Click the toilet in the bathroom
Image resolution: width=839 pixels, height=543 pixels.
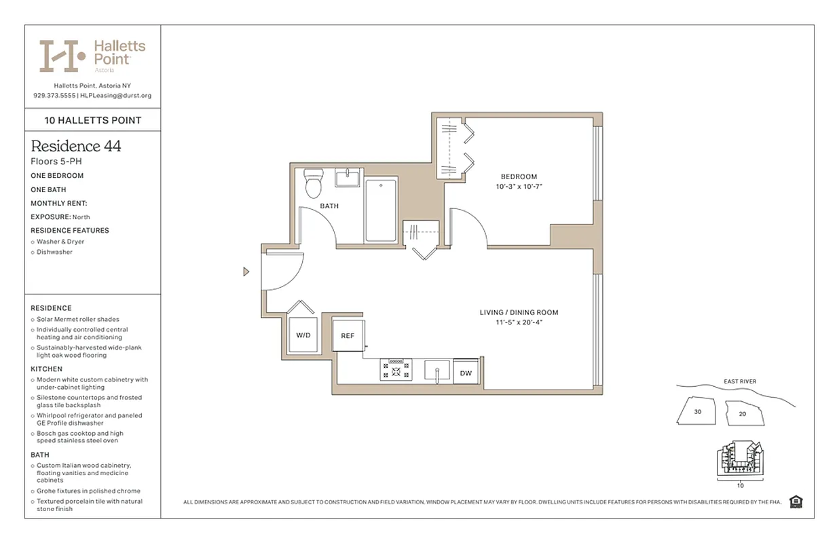pyautogui.click(x=314, y=183)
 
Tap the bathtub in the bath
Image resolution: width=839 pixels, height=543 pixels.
pyautogui.click(x=381, y=210)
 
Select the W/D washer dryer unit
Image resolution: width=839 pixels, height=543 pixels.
pyautogui.click(x=303, y=335)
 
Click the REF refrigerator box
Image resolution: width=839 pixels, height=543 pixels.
pyautogui.click(x=348, y=335)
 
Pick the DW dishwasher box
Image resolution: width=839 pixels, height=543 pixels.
pyautogui.click(x=466, y=373)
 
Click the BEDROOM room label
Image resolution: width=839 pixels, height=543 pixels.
pyautogui.click(x=519, y=176)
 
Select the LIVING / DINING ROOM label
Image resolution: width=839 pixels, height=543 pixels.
pyautogui.click(x=519, y=313)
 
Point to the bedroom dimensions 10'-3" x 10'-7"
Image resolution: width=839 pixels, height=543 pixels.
pyautogui.click(x=519, y=186)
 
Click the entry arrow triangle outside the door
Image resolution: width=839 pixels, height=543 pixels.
pyautogui.click(x=246, y=272)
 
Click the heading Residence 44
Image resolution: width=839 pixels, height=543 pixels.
pyautogui.click(x=76, y=146)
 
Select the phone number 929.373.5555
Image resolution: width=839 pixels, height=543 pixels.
pyautogui.click(x=54, y=96)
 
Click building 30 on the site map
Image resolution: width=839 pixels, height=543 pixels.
pyautogui.click(x=698, y=412)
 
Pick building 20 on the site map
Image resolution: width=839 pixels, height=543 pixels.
pyautogui.click(x=743, y=414)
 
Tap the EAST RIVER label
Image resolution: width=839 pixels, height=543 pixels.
pyautogui.click(x=740, y=381)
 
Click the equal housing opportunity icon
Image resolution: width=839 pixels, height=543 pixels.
pyautogui.click(x=796, y=502)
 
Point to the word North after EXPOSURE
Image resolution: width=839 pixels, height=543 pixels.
pyautogui.click(x=82, y=217)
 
